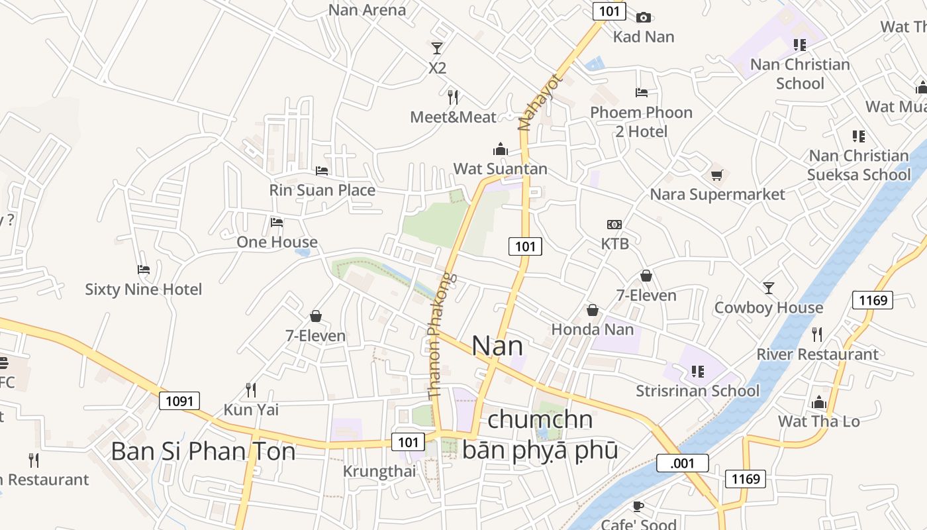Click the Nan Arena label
point(367,10)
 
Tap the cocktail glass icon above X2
point(437,48)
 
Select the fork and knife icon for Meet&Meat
point(453,97)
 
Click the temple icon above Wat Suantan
point(500,148)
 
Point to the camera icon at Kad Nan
point(643,17)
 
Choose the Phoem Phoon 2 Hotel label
point(641,122)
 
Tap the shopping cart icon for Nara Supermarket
point(716,175)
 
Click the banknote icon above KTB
point(614,225)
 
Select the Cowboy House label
point(768,307)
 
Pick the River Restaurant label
point(817,354)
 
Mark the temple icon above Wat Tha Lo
point(819,402)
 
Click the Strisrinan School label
point(697,391)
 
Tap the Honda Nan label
point(592,329)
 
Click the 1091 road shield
point(179,401)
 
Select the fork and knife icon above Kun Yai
point(251,390)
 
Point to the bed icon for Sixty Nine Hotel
point(144,270)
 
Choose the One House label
point(277,242)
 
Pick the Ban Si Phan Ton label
point(203,451)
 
